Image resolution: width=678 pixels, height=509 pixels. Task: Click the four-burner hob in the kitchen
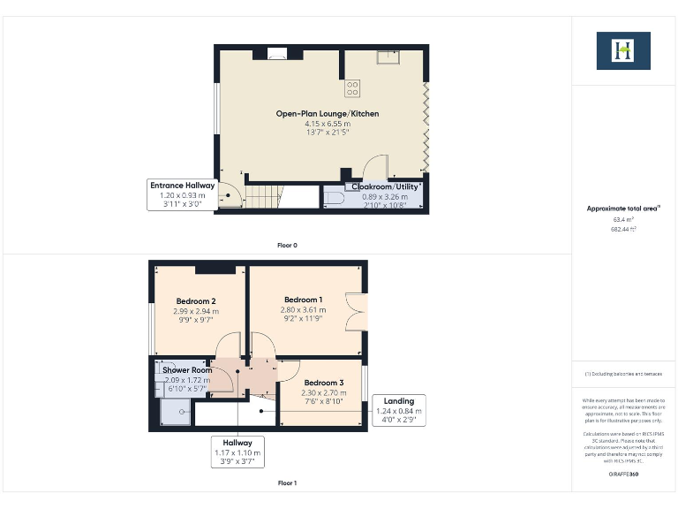point(352,87)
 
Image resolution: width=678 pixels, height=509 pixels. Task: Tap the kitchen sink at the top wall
point(387,58)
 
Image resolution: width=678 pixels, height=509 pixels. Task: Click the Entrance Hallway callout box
point(183,194)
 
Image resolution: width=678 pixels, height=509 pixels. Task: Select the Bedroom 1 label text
point(303,300)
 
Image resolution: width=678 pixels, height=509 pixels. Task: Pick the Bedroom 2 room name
point(196,301)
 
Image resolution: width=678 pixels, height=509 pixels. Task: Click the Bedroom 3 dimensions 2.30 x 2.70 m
point(323,392)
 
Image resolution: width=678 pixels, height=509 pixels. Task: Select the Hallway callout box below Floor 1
point(238,452)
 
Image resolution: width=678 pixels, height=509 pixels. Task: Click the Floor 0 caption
point(287,245)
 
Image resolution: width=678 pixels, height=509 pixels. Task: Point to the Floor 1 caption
point(287,482)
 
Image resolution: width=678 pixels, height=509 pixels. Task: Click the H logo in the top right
point(623,50)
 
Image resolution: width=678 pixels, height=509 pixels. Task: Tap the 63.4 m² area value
point(623,219)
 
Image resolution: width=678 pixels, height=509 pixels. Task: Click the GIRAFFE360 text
point(622,475)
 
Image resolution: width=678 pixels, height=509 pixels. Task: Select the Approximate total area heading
point(623,208)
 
